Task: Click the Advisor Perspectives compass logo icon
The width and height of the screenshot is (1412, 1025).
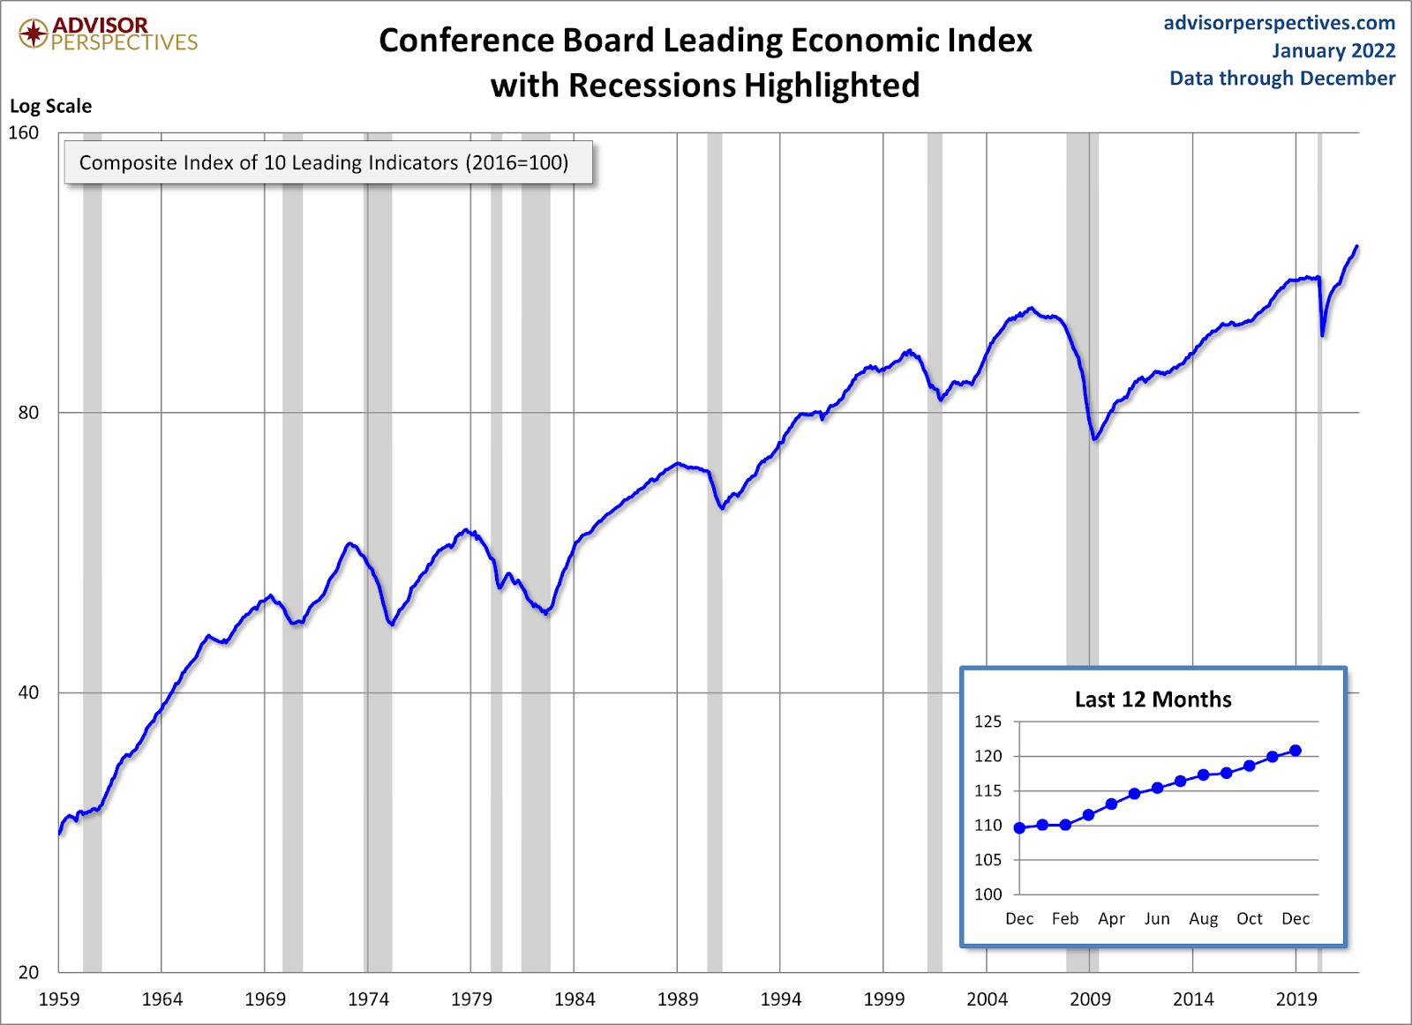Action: [34, 34]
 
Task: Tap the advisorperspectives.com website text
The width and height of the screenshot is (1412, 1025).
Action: [1279, 23]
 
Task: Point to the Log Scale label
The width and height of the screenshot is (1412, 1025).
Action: [50, 106]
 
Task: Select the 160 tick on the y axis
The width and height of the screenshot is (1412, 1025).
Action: [24, 132]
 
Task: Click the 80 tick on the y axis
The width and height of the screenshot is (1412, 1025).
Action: [28, 413]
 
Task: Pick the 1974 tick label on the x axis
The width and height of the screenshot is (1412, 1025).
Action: [368, 999]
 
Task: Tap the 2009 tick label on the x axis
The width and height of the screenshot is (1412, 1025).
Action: [1090, 999]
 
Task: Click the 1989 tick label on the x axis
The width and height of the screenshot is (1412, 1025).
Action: [678, 999]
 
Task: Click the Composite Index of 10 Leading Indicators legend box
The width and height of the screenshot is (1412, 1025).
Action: [327, 162]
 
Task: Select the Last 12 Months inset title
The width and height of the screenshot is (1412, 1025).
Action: [1153, 700]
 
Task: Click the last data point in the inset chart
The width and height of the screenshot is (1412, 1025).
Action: [1296, 751]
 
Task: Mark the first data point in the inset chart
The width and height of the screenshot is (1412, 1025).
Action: [1019, 827]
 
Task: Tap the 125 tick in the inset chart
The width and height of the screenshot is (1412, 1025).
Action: [988, 722]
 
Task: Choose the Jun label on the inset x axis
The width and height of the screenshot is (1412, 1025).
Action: [1157, 919]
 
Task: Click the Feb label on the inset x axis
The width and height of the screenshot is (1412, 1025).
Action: [1065, 919]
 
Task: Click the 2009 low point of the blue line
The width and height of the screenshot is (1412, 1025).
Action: [1095, 438]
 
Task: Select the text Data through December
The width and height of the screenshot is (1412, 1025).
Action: [1281, 79]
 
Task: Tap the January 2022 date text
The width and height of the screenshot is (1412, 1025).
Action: [1333, 51]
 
